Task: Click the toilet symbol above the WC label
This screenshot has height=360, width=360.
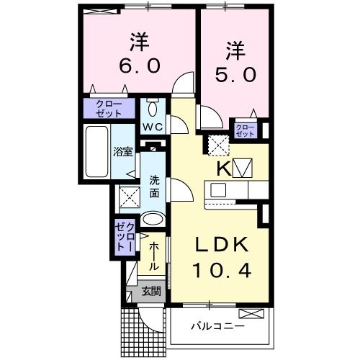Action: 153,109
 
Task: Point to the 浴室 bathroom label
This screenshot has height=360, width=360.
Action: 122,152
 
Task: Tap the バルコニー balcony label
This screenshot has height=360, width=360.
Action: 217,326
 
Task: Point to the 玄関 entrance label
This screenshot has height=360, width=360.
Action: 150,292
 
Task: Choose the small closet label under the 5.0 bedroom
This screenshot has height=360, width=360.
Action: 245,130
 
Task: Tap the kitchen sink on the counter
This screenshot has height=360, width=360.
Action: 217,191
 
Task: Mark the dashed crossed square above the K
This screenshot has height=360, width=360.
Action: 218,145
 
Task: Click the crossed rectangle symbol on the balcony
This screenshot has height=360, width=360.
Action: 251,313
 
